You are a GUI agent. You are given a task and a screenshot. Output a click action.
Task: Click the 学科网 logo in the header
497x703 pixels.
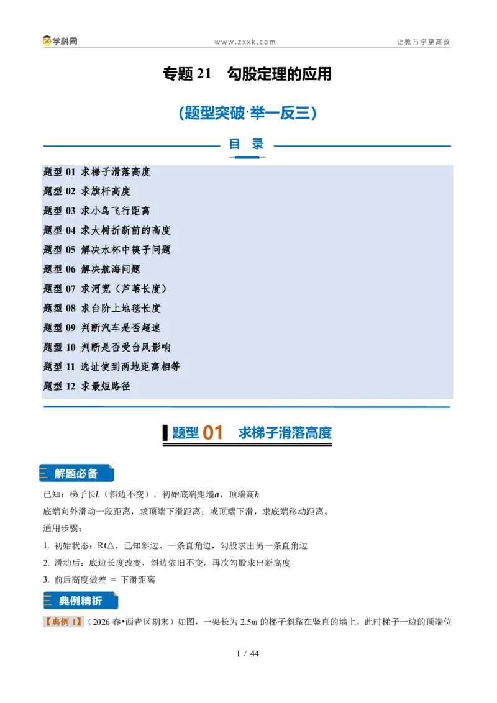pyautogui.click(x=60, y=41)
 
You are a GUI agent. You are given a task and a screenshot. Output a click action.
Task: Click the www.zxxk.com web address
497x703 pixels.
pyautogui.click(x=245, y=42)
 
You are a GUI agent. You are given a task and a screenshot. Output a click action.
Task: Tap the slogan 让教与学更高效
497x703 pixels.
pyautogui.click(x=423, y=42)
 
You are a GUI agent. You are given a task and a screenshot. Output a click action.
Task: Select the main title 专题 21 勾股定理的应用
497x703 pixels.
pyautogui.click(x=247, y=74)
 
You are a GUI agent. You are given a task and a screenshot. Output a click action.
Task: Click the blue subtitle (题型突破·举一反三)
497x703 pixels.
pyautogui.click(x=248, y=112)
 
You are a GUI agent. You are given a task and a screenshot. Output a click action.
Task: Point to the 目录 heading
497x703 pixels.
pyautogui.click(x=246, y=144)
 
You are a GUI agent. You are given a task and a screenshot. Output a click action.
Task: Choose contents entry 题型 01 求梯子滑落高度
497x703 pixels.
pyautogui.click(x=97, y=172)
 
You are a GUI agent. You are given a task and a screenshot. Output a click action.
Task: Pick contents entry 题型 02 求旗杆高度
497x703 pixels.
pyautogui.click(x=86, y=191)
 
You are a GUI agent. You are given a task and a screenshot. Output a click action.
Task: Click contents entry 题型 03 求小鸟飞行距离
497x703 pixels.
pyautogui.click(x=97, y=211)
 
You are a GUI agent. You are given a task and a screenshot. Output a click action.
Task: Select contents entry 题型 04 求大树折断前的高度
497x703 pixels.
pyautogui.click(x=107, y=230)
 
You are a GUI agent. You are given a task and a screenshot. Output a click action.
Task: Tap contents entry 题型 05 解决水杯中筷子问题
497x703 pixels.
pyautogui.click(x=107, y=250)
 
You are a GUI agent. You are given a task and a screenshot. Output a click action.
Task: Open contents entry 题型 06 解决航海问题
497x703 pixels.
pyautogui.click(x=92, y=270)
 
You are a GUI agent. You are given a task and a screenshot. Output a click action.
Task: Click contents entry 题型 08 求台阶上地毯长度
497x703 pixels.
pyautogui.click(x=102, y=309)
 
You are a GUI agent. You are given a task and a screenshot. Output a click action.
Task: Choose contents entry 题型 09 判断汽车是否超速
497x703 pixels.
pyautogui.click(x=102, y=328)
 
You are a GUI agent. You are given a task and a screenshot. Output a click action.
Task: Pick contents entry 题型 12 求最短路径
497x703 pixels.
pyautogui.click(x=86, y=386)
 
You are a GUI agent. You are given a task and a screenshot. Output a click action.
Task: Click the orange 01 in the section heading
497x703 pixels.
pyautogui.click(x=212, y=433)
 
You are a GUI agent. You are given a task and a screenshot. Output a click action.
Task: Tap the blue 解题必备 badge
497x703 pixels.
pyautogui.click(x=76, y=473)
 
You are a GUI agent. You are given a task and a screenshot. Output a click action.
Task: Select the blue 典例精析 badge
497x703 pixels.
pyautogui.click(x=81, y=601)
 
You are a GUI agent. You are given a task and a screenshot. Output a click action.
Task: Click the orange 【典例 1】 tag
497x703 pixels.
pyautogui.click(x=63, y=622)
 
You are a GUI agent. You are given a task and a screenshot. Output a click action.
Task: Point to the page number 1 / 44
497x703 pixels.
pyautogui.click(x=248, y=654)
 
